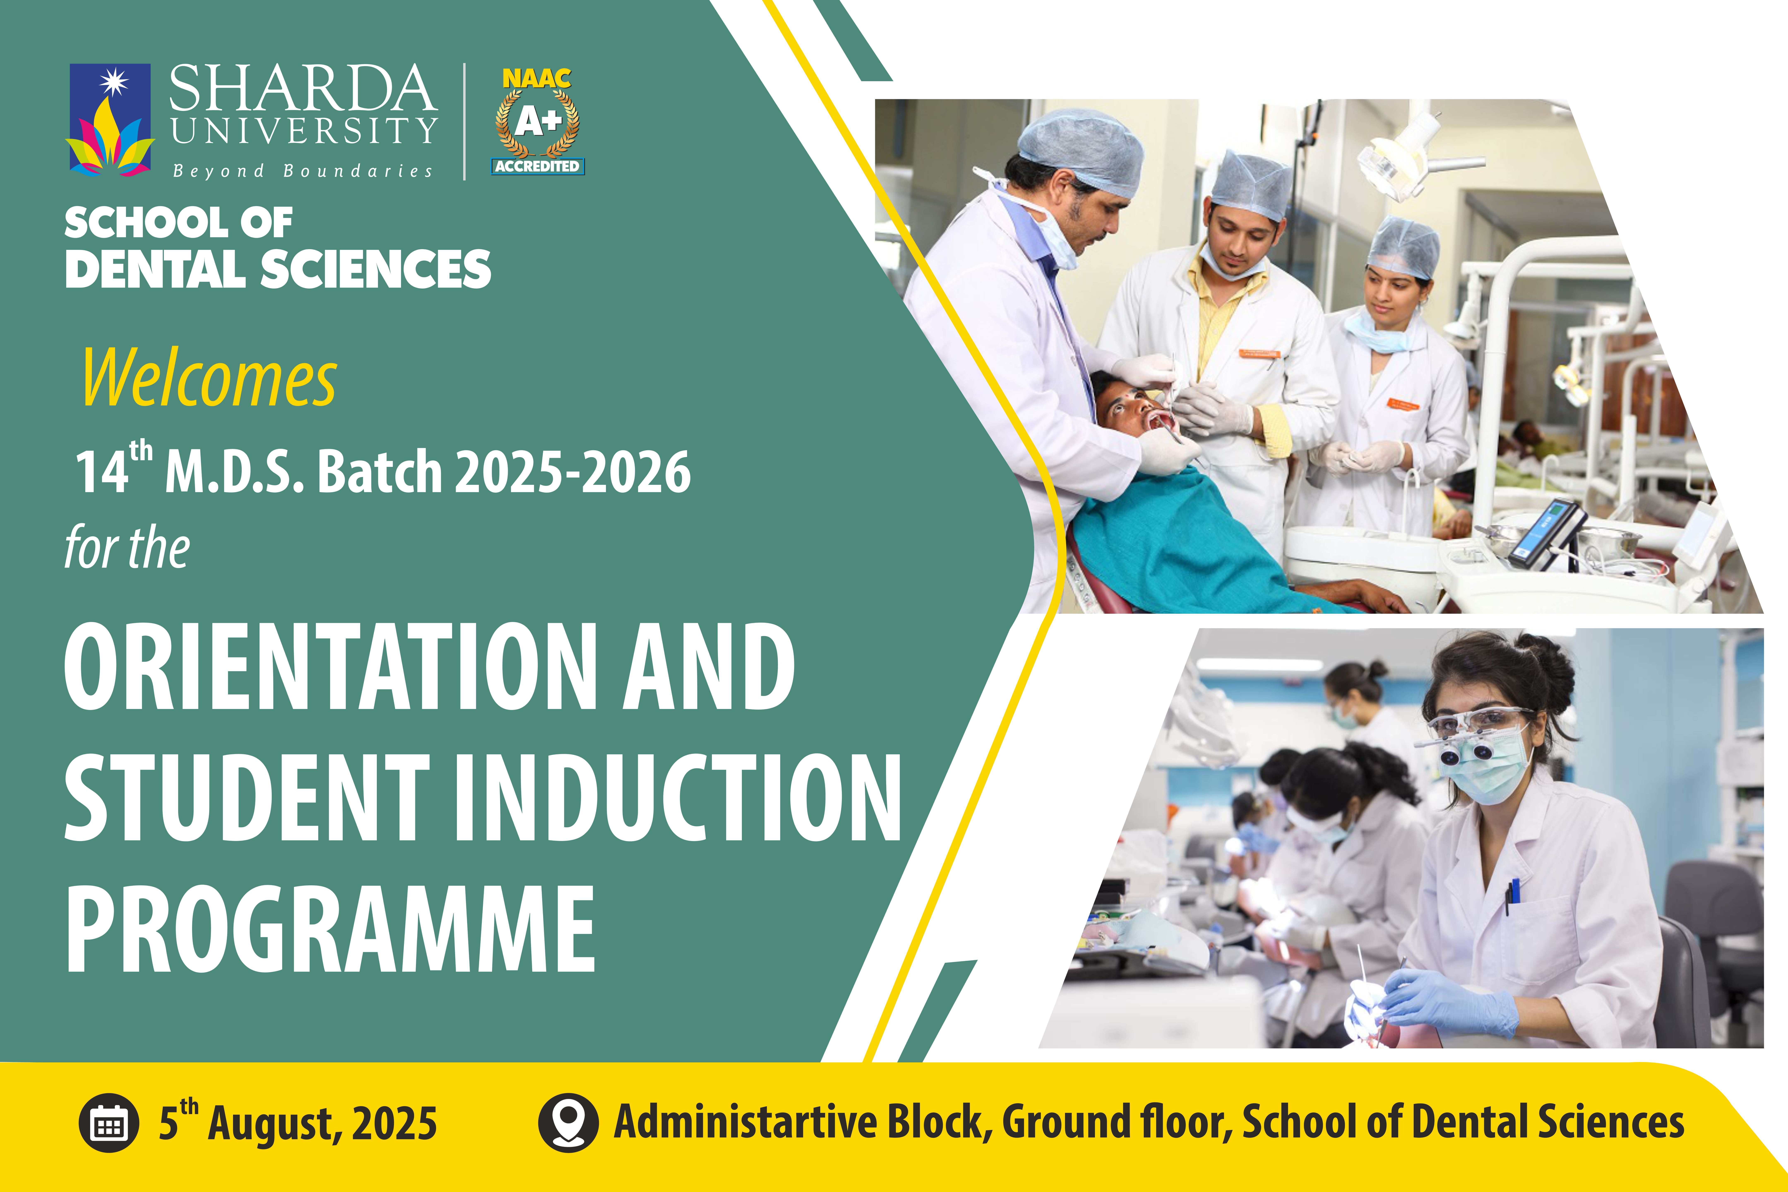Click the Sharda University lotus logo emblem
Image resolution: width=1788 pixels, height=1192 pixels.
(x=110, y=120)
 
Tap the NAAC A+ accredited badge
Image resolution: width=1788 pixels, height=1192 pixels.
(x=537, y=122)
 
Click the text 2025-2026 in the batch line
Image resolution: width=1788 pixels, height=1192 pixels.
(x=572, y=472)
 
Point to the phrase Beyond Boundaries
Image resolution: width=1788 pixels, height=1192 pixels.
(x=303, y=171)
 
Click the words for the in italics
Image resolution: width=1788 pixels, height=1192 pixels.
(x=127, y=547)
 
